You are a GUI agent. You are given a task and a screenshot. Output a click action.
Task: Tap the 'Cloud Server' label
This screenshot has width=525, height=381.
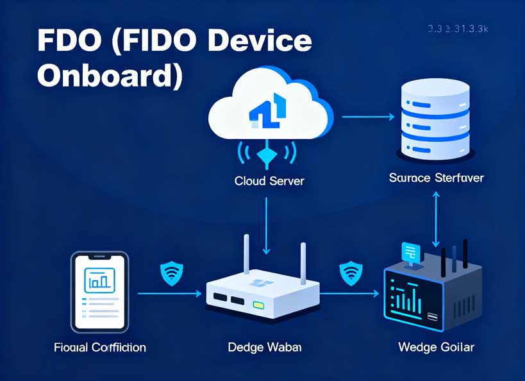[x=269, y=182]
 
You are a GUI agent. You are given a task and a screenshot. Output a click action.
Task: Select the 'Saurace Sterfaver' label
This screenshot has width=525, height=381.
[x=436, y=178]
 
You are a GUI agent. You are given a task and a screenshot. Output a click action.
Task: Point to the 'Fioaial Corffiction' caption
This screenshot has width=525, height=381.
[x=100, y=348]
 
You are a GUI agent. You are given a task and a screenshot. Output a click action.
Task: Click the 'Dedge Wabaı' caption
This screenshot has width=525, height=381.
[x=265, y=348]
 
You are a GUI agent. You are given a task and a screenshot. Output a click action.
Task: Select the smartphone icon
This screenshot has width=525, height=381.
[x=100, y=291]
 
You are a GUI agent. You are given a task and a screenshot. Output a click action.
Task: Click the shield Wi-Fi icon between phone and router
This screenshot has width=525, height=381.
[x=171, y=273]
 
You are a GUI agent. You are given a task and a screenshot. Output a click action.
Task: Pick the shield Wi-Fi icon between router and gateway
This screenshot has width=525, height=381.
[x=350, y=273]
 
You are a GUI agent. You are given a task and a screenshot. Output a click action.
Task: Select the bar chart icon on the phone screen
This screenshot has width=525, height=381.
[x=99, y=279]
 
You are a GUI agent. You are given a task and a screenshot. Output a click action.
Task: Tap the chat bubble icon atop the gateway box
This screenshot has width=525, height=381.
[x=408, y=251]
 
